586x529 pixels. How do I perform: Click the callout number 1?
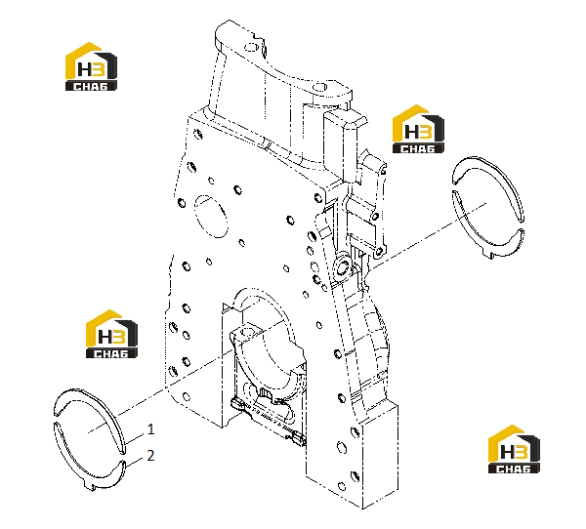(x=150, y=429)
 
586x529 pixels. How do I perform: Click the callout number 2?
(x=150, y=456)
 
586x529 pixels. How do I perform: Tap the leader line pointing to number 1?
(x=135, y=437)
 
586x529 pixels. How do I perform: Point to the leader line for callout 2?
(x=135, y=462)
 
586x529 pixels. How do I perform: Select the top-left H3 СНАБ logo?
(x=91, y=66)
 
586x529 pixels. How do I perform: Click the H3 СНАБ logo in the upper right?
(x=418, y=129)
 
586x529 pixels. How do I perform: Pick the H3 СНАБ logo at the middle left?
(x=111, y=334)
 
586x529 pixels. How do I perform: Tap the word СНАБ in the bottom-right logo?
(x=514, y=468)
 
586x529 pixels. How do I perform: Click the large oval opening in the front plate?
(x=211, y=216)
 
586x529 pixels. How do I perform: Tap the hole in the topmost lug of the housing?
(x=251, y=47)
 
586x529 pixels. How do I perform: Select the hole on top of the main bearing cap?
(x=248, y=331)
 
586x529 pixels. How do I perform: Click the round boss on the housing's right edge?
(x=343, y=266)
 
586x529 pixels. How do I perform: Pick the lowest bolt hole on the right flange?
(x=342, y=486)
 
